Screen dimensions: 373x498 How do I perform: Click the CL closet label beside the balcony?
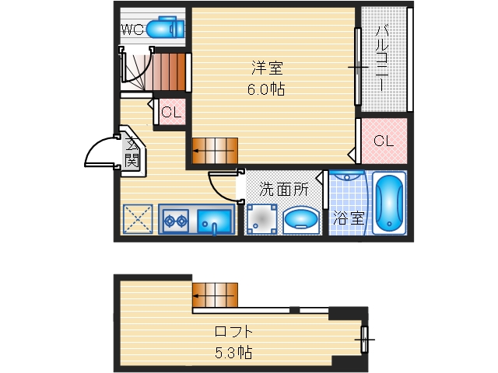pos(383,141)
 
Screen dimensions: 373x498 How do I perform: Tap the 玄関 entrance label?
pos(132,152)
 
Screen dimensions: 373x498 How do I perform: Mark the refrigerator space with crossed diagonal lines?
pos(139,219)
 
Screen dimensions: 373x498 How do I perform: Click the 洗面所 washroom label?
pos(284,188)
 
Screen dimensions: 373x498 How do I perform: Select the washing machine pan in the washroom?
pos(261,218)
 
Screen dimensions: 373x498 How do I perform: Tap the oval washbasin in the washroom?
pos(300,221)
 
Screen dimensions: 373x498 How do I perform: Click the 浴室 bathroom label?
pos(348,218)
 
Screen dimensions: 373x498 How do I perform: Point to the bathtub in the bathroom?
pos(388,203)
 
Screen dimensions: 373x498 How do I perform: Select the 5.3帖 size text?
pos(234,352)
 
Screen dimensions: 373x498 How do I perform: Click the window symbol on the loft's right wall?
pos(364,339)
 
